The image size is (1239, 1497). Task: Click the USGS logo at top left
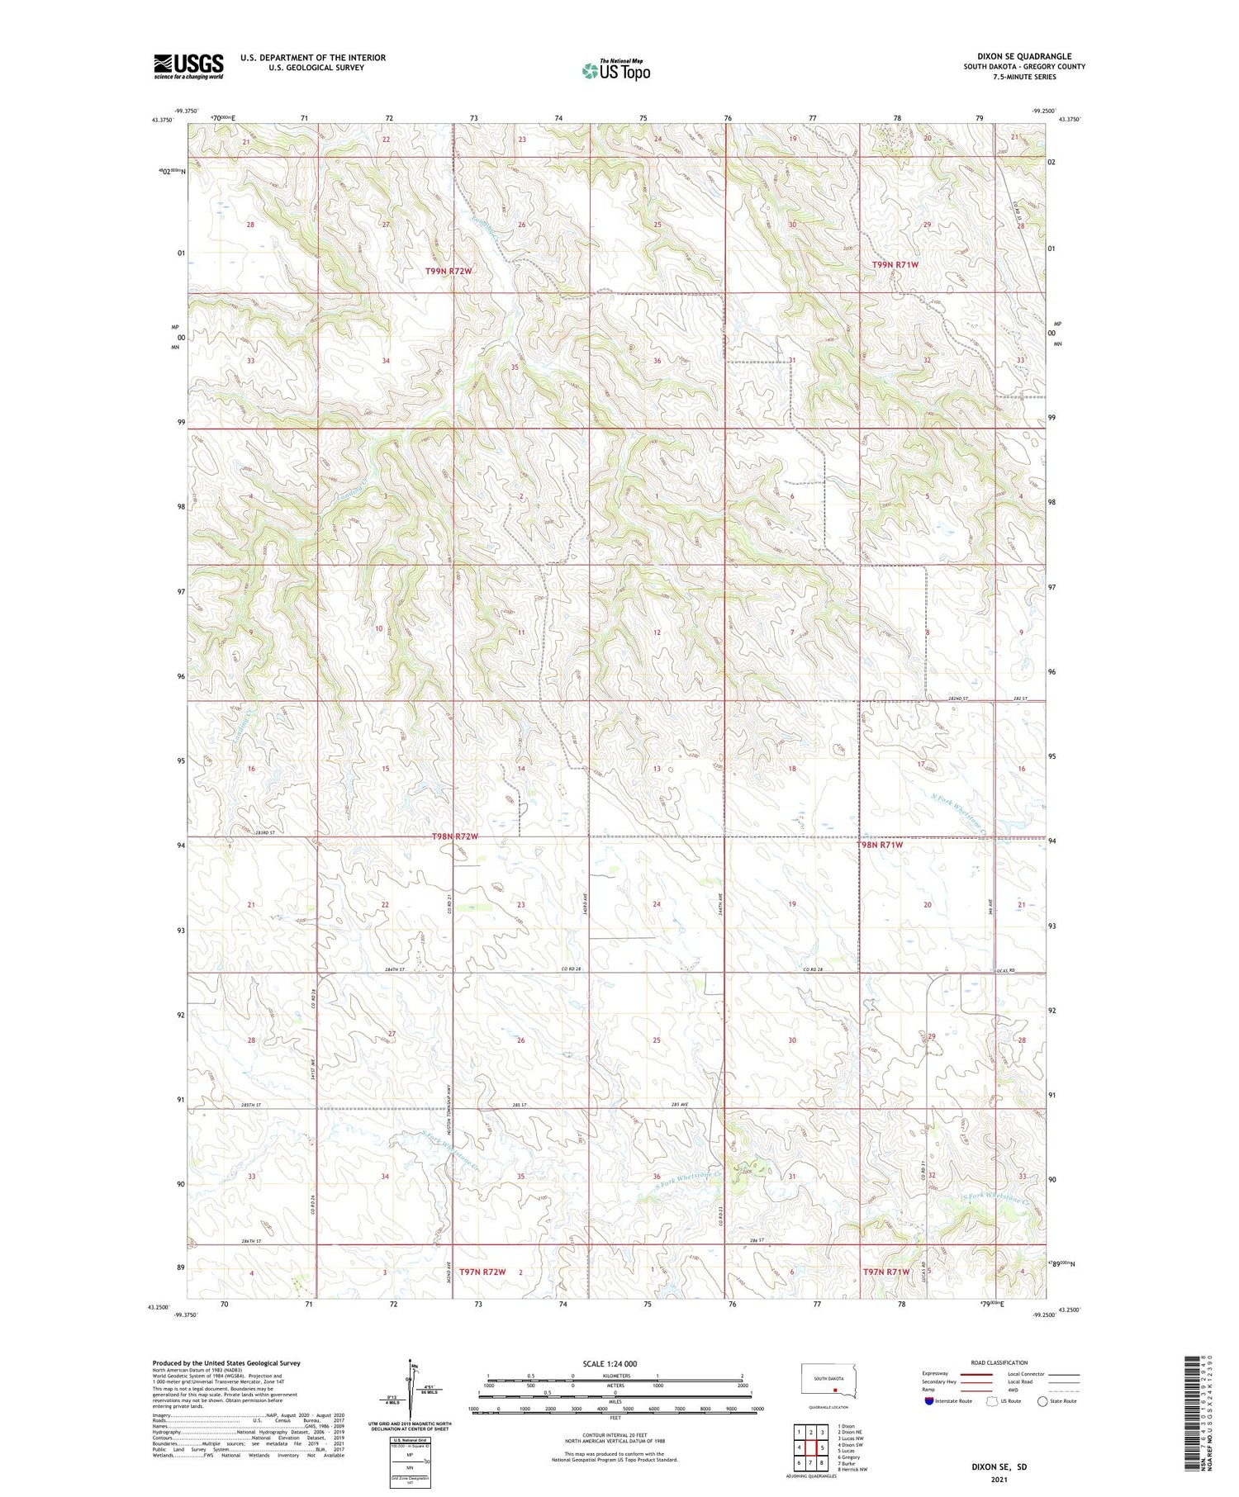(188, 66)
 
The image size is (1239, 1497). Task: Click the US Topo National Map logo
(615, 70)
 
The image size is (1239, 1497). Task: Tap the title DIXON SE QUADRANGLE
(1024, 57)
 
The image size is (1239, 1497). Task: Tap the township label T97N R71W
(886, 1272)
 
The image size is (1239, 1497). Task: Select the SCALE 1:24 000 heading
(615, 1363)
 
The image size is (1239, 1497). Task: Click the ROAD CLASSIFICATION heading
(999, 1362)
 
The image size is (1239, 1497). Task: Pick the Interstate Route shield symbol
(929, 1401)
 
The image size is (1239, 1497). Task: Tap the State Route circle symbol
(1042, 1401)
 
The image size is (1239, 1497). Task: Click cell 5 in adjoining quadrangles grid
(823, 1447)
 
